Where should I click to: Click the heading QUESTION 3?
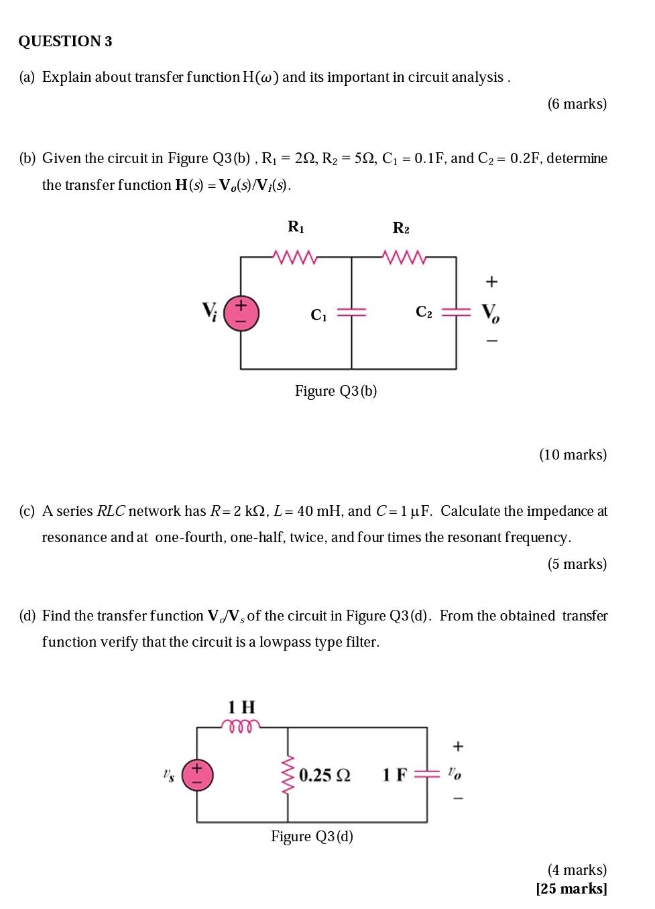[65, 42]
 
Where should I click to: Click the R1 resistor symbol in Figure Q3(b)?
[295, 256]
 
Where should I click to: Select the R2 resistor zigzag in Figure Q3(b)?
[402, 256]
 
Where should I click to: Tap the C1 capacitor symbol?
[351, 313]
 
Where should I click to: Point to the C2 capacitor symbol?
[457, 312]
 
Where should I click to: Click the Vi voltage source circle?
[241, 313]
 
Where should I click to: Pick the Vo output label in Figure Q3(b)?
[490, 313]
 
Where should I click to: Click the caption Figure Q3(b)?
[336, 391]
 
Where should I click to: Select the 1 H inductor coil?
[241, 726]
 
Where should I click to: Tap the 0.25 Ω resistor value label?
[324, 776]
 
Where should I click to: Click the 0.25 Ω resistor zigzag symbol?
[288, 774]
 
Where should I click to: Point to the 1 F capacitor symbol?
[427, 774]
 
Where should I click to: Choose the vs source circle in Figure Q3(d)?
[197, 774]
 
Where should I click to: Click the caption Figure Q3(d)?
[312, 837]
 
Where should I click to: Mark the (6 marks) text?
[577, 104]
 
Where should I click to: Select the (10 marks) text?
[573, 455]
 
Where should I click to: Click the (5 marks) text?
[577, 564]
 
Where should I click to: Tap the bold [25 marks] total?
[571, 889]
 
